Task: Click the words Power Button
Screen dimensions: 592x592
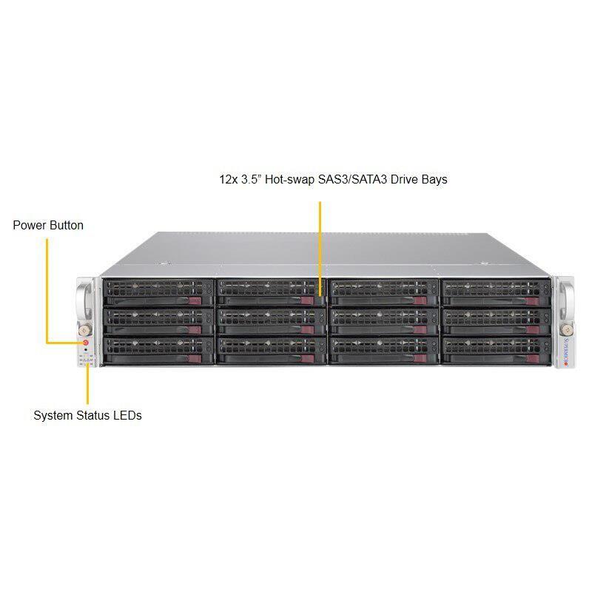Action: click(x=48, y=225)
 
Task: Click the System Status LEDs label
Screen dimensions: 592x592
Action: click(x=87, y=415)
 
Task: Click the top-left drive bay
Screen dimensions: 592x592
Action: click(x=158, y=292)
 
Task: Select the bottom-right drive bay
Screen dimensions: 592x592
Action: click(x=495, y=351)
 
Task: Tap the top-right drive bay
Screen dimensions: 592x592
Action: click(x=495, y=292)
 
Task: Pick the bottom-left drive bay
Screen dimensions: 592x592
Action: click(x=158, y=351)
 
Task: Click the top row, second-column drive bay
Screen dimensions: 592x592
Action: click(x=271, y=292)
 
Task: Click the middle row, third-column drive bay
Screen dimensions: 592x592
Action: click(x=383, y=321)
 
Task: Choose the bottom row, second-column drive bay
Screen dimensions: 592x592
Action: click(x=271, y=351)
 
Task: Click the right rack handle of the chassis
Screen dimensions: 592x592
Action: click(x=568, y=299)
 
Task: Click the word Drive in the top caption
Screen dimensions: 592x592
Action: click(x=403, y=179)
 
